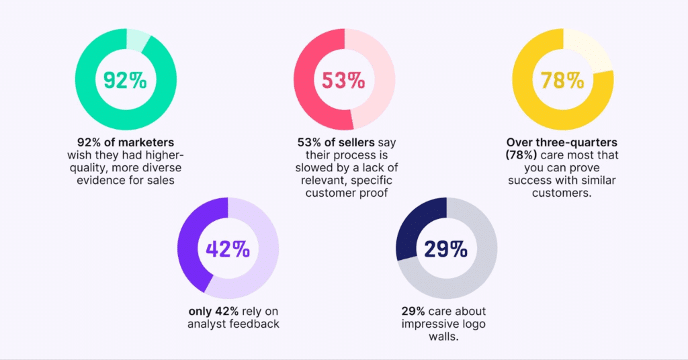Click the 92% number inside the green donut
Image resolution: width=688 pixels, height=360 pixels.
point(126,81)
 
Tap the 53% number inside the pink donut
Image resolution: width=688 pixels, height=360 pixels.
point(343,81)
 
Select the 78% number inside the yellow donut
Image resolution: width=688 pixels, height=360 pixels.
point(562,81)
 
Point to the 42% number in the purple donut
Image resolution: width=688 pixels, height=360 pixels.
point(228,249)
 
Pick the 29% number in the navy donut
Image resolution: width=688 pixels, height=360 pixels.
point(445,249)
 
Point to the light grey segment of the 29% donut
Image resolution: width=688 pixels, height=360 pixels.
point(470,275)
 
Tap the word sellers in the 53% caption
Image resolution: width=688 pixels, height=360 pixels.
point(355,142)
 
